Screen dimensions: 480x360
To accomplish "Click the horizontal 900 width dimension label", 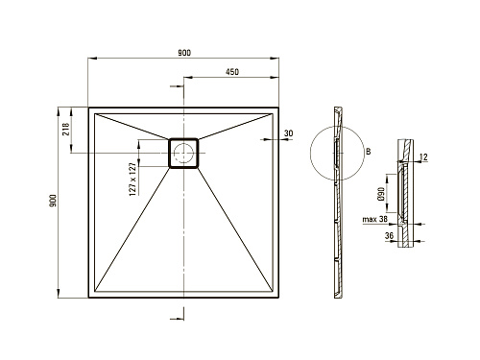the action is pyautogui.click(x=184, y=53).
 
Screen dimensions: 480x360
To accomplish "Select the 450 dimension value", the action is pyautogui.click(x=232, y=72).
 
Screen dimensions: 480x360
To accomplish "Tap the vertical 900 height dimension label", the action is pyautogui.click(x=53, y=200).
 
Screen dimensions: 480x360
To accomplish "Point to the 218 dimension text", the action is pyautogui.click(x=66, y=129).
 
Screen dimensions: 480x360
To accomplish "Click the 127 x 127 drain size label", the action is pyautogui.click(x=132, y=179).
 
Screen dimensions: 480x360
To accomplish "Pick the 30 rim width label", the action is pyautogui.click(x=288, y=133).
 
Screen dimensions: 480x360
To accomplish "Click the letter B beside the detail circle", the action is pyautogui.click(x=369, y=152).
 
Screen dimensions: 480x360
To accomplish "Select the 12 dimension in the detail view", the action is pyautogui.click(x=423, y=156).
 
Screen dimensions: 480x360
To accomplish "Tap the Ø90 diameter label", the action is pyautogui.click(x=381, y=194).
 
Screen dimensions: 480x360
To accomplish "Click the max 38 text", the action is pyautogui.click(x=374, y=219).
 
